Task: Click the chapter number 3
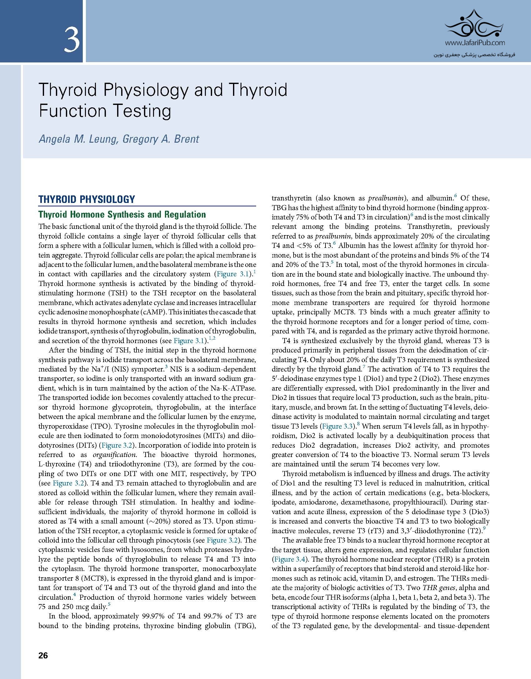(x=72, y=40)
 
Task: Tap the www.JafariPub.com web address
(x=475, y=43)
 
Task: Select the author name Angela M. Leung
(x=78, y=139)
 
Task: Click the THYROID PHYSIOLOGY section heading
(x=87, y=199)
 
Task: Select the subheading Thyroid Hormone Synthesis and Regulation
(x=122, y=214)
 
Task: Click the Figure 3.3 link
(x=338, y=426)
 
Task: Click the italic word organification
(x=114, y=455)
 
